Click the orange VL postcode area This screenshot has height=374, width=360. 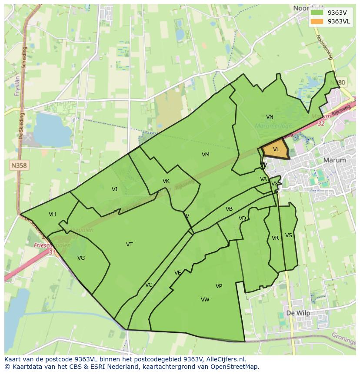click(275, 150)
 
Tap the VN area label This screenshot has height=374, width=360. click(270, 117)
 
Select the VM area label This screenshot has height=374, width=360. click(206, 155)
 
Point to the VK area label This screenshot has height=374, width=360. click(166, 181)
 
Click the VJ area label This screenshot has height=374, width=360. click(114, 189)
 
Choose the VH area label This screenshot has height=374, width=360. click(52, 214)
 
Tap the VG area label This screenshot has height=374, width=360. click(81, 258)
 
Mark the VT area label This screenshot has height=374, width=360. click(129, 245)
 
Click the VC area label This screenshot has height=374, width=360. click(149, 285)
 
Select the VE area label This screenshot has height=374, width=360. click(177, 273)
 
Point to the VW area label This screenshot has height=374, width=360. click(205, 300)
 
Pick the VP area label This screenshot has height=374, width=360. click(219, 286)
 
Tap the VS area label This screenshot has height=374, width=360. click(289, 235)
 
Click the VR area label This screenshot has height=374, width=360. click(275, 238)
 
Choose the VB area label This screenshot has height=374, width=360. click(229, 209)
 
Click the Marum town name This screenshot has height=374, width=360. click(335, 160)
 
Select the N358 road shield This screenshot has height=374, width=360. click(19, 165)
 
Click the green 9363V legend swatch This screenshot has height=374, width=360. click(317, 13)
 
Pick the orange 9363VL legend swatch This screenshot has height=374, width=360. click(317, 21)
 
